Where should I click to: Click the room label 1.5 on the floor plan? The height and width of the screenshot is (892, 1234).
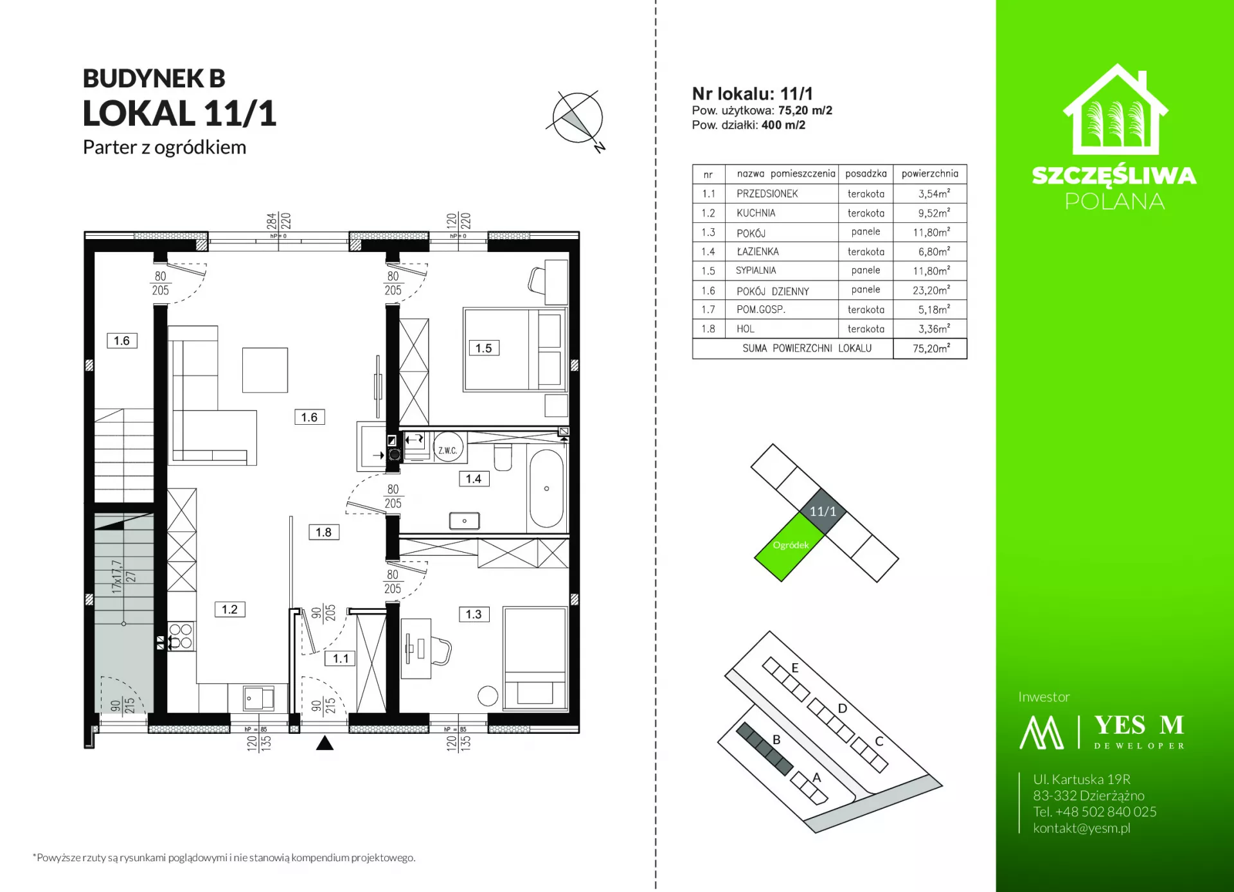tap(483, 348)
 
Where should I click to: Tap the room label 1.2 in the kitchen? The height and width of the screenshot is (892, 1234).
tap(229, 609)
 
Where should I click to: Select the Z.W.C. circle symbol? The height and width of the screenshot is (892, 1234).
tap(448, 450)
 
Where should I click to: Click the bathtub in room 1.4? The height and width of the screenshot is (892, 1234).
tap(546, 488)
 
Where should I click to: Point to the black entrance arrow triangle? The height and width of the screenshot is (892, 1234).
tap(325, 743)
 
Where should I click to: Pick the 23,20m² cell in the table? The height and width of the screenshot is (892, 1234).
tap(931, 290)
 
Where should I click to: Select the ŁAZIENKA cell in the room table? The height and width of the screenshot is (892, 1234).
tap(758, 252)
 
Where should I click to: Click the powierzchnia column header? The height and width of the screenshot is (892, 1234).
tap(929, 174)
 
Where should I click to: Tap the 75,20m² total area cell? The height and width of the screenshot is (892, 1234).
tap(931, 348)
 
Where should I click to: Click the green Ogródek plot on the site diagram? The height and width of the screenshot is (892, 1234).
tap(789, 546)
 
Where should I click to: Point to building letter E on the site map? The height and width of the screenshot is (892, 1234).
tap(795, 668)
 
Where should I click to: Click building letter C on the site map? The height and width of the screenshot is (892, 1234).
tap(879, 741)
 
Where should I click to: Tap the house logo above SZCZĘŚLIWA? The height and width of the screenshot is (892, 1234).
tap(1115, 109)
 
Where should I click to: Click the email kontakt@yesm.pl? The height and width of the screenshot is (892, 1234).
tap(1082, 828)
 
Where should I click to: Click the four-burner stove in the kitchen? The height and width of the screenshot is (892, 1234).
tap(181, 636)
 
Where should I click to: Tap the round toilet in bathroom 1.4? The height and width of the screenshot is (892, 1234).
tap(503, 456)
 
